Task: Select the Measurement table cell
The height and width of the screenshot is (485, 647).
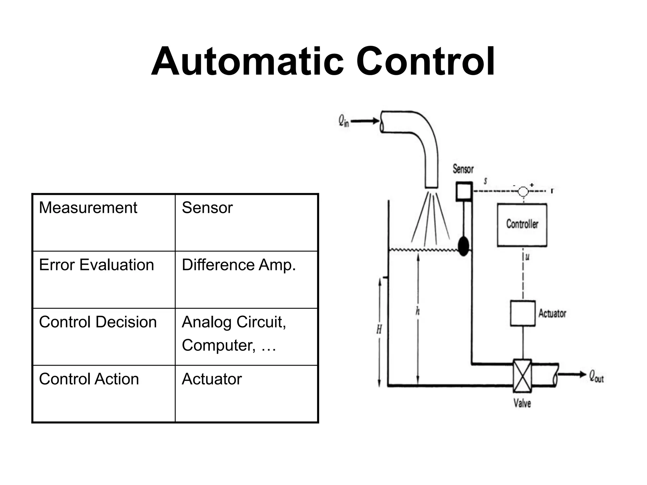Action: click(x=104, y=223)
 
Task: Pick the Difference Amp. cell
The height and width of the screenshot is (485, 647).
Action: click(x=246, y=279)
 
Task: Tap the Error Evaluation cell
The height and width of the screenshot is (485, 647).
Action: click(x=104, y=279)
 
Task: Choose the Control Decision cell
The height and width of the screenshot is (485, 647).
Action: click(x=104, y=337)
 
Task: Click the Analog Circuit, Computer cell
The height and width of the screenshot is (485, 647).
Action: click(x=246, y=337)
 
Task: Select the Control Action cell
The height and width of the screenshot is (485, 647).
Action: click(x=104, y=393)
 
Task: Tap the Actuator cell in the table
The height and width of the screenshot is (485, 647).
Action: click(x=246, y=393)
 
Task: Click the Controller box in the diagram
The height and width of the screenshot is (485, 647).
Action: click(x=522, y=225)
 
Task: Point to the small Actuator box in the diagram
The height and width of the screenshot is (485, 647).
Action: click(x=523, y=313)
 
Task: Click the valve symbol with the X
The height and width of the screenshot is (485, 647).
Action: click(x=522, y=375)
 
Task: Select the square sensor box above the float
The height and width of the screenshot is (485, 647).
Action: click(x=464, y=191)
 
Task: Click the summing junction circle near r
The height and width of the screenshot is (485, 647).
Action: click(x=523, y=191)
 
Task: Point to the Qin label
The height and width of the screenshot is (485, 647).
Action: click(x=344, y=121)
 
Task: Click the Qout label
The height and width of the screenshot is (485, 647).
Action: click(x=596, y=376)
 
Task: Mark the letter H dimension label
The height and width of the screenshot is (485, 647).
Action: click(x=379, y=330)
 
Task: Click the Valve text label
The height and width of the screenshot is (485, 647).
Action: click(x=522, y=403)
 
